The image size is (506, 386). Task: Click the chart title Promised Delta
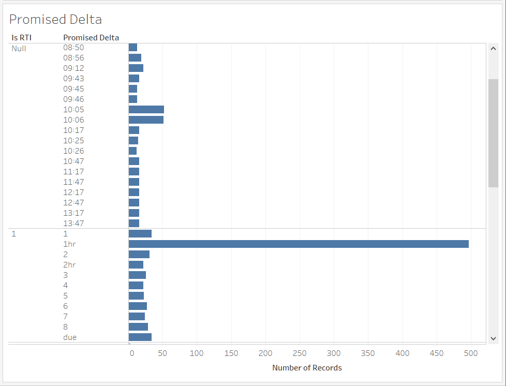pyautogui.click(x=55, y=20)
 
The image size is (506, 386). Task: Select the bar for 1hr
pyautogui.click(x=299, y=244)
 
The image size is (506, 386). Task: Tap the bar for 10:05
pyautogui.click(x=146, y=109)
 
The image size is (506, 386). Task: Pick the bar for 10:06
pyautogui.click(x=146, y=120)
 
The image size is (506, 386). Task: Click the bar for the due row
pyautogui.click(x=140, y=337)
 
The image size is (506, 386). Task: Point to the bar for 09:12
pyautogui.click(x=136, y=68)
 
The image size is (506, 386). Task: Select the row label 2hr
pyautogui.click(x=70, y=264)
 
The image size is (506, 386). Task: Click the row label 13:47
pyautogui.click(x=73, y=223)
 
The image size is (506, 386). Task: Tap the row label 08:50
pyautogui.click(x=73, y=48)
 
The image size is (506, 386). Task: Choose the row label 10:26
pyautogui.click(x=73, y=151)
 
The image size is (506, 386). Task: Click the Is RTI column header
pyautogui.click(x=22, y=37)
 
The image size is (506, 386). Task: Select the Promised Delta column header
pyautogui.click(x=91, y=37)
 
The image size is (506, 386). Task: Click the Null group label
pyautogui.click(x=19, y=49)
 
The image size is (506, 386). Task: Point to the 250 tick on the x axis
pyautogui.click(x=300, y=353)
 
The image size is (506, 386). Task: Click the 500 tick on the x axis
pyautogui.click(x=471, y=353)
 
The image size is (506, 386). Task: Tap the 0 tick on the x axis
pyautogui.click(x=131, y=353)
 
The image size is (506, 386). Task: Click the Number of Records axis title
pyautogui.click(x=307, y=368)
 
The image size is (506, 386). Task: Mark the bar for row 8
pyautogui.click(x=138, y=326)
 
